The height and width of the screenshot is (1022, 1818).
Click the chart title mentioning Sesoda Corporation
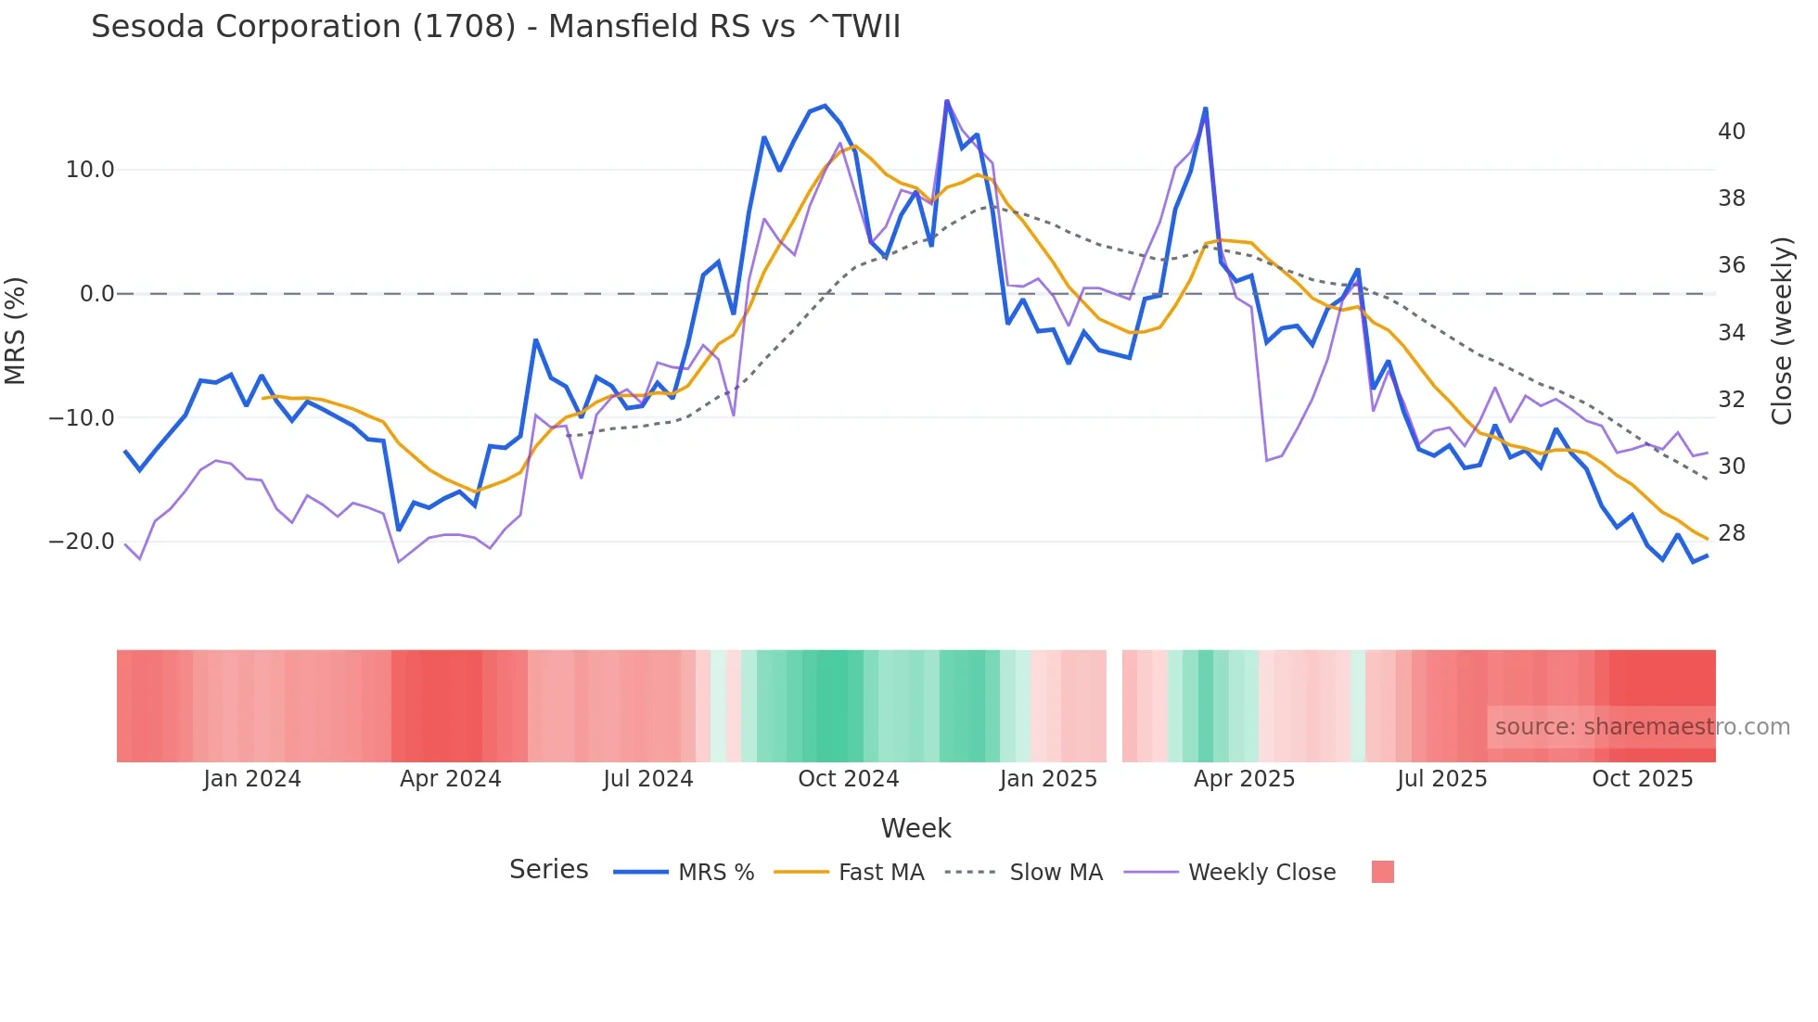point(495,27)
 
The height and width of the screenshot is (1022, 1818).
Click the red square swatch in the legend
point(1382,872)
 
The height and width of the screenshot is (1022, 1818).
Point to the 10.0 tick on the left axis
point(90,170)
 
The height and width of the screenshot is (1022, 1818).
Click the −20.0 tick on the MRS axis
point(83,542)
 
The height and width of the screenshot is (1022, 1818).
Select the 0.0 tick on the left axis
point(97,294)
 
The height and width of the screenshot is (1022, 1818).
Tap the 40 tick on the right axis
point(1731,132)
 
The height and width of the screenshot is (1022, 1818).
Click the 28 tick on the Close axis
point(1731,533)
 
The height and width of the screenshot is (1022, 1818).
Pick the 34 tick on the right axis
point(1731,332)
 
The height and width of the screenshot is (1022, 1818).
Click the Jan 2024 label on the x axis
point(252,779)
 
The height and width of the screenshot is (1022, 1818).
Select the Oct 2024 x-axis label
point(848,779)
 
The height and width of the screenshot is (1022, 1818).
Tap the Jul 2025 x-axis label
point(1441,779)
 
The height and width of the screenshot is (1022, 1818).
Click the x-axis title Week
point(915,828)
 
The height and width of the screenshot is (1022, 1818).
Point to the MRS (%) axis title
point(16,331)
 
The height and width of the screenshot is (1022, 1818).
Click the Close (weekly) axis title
point(1782,331)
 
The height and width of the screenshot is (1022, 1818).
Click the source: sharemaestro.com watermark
point(1642,727)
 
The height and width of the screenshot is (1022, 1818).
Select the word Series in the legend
point(548,870)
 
